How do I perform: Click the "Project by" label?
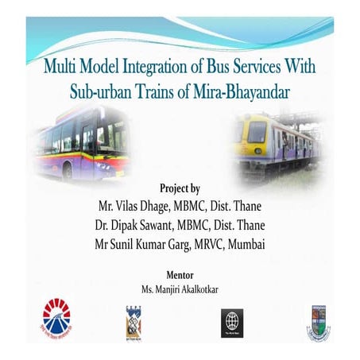(180, 188)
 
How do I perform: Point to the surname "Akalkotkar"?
(196, 289)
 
